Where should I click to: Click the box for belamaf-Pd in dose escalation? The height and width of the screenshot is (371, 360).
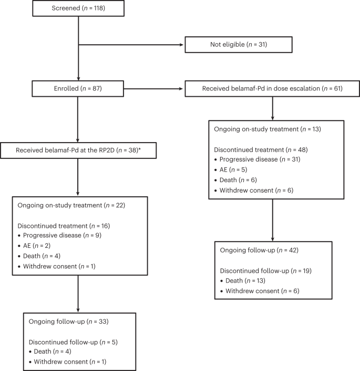(x=272, y=88)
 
